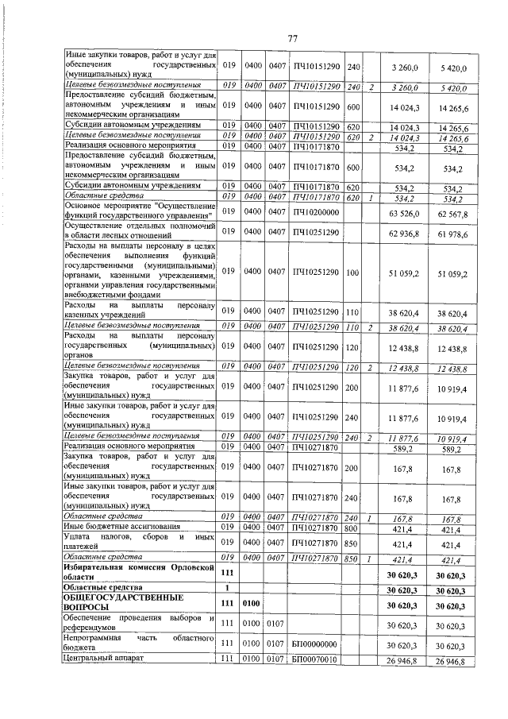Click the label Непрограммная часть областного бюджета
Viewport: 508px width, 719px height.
[139, 643]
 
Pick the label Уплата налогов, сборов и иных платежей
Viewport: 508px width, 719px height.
[139, 542]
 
